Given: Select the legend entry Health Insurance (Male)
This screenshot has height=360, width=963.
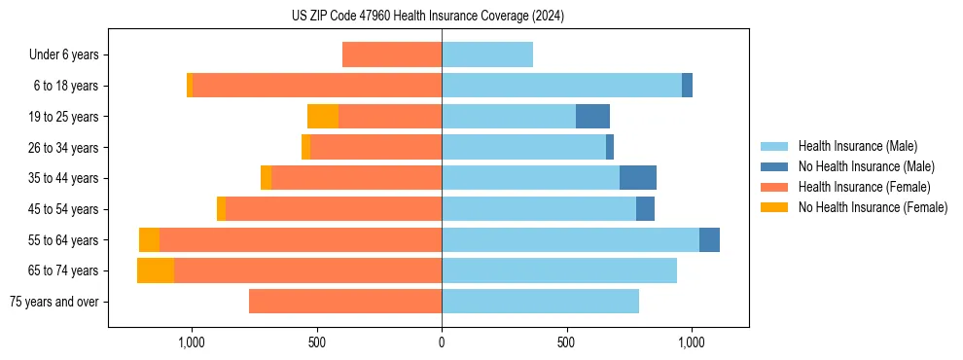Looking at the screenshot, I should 857,146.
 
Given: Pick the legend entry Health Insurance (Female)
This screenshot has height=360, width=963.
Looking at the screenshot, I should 864,187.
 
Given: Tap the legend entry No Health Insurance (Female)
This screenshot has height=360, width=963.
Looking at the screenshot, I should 873,207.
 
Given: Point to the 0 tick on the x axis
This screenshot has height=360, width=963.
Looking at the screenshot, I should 442,342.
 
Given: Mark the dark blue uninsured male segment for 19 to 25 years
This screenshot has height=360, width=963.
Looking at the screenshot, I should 592,117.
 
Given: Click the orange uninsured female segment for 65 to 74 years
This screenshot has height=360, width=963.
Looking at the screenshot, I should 156,270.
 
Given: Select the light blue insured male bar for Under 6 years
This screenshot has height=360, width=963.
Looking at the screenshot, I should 487,55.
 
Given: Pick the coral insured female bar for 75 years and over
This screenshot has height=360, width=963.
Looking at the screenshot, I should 345,302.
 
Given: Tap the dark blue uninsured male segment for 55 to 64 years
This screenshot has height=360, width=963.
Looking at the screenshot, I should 709,239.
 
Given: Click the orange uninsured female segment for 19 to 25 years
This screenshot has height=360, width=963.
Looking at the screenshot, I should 323,117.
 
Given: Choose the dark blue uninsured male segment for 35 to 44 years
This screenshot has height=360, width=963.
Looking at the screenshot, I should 638,178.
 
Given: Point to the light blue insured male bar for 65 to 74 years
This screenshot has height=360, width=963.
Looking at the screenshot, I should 559,270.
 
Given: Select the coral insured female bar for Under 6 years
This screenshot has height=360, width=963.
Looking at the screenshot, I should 392,55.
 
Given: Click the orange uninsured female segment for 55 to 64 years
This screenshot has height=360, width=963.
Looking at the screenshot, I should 149,239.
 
